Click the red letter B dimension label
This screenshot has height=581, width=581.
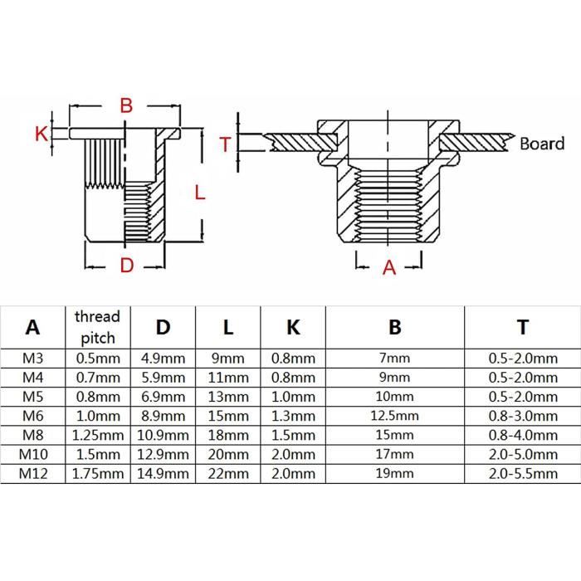125,105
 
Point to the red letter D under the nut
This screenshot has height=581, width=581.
126,266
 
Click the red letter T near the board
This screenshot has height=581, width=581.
224,144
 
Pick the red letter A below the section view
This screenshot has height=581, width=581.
388,267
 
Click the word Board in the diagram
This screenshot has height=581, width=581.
542,143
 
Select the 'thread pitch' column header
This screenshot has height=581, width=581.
97,327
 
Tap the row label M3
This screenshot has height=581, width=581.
32,358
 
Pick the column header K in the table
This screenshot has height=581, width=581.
293,327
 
